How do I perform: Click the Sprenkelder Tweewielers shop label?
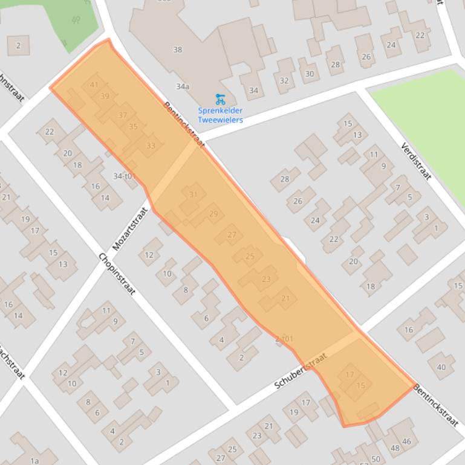(220, 115)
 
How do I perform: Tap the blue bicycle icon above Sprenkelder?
(220, 99)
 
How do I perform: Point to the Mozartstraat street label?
(130, 229)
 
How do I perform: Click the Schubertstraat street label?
(301, 371)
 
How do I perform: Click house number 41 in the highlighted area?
(94, 85)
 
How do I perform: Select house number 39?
(105, 96)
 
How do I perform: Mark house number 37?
(123, 115)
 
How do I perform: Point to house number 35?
(134, 126)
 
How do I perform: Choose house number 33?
(151, 146)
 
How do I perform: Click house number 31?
(193, 194)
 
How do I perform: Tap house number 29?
(213, 214)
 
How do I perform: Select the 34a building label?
(183, 86)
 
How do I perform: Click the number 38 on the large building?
(177, 50)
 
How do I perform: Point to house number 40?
(441, 367)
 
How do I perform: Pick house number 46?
(406, 441)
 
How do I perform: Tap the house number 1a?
(34, 461)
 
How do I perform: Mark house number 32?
(284, 80)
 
